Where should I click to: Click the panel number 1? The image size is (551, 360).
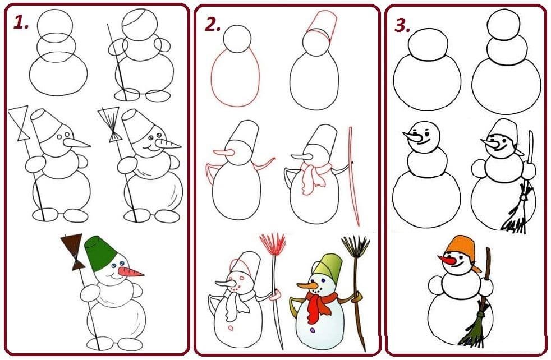[21, 22]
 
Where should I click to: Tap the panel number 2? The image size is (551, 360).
[212, 25]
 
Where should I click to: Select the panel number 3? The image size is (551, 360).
[403, 25]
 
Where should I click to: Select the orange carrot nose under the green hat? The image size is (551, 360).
[130, 272]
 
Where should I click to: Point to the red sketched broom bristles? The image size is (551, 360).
[273, 245]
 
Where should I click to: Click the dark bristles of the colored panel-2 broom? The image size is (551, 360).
[355, 248]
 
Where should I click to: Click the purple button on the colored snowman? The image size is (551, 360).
[313, 330]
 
